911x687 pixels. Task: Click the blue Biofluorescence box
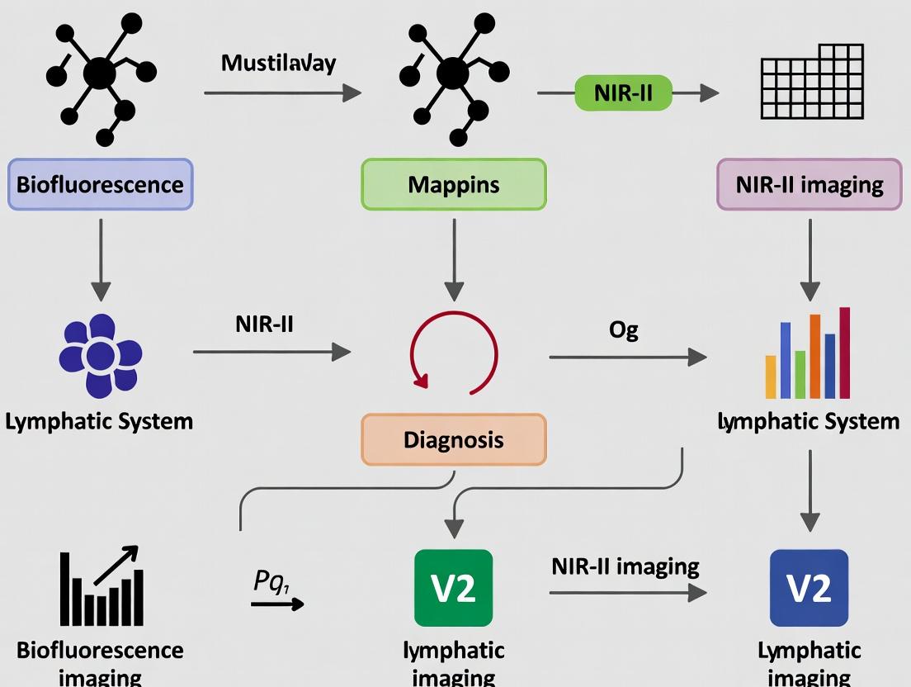pos(100,183)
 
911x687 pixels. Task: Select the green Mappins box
pos(453,183)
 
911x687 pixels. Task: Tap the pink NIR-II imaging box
pos(809,183)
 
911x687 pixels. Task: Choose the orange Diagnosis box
pos(453,439)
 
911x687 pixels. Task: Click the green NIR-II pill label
pos(622,92)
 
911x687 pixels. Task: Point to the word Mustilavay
pos(278,63)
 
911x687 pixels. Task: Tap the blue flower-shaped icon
pos(101,356)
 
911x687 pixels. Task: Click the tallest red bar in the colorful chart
pos(844,353)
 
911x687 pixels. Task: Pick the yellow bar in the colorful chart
pos(771,377)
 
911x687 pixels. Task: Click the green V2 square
pos(453,588)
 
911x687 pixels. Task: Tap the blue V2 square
pos(809,588)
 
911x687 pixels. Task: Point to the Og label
pos(623,329)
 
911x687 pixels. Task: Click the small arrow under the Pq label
pos(277,604)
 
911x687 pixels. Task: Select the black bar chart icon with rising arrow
pos(101,587)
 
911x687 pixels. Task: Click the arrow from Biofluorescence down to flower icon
pos(101,258)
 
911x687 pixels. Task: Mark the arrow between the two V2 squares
pos(627,592)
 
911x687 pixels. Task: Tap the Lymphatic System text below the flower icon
pos(99,421)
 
